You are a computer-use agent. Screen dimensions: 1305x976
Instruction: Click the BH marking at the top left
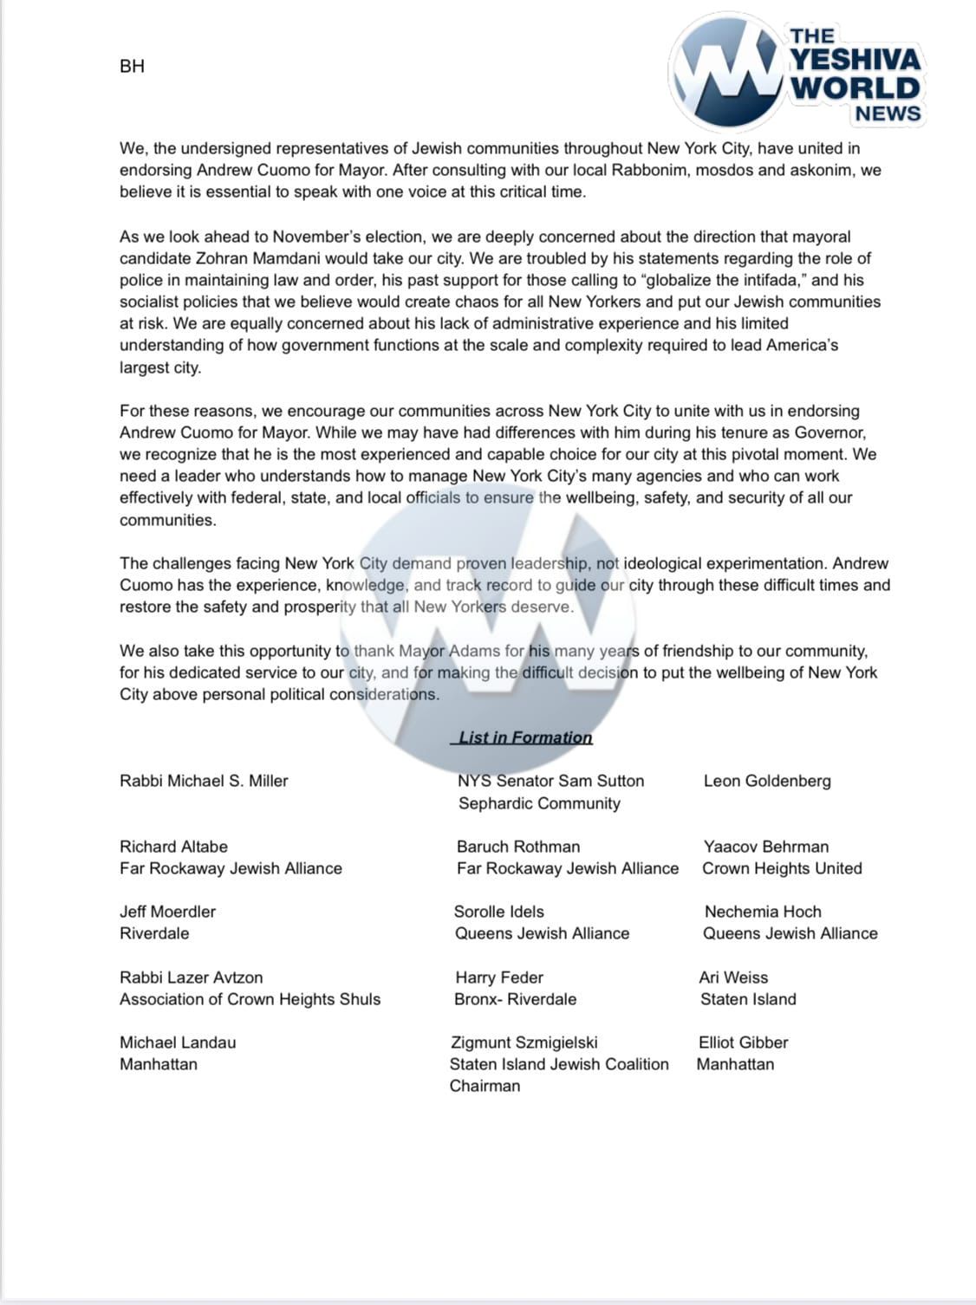click(132, 66)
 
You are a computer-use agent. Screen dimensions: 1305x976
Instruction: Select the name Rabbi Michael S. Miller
click(204, 781)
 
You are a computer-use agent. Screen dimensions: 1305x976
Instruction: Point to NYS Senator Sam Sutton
click(550, 781)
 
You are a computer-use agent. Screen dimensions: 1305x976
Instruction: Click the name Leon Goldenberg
click(767, 781)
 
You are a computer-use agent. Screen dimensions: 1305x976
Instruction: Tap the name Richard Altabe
click(173, 847)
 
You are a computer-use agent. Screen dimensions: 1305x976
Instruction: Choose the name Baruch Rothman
click(518, 847)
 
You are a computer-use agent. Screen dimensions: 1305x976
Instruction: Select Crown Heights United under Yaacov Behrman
click(782, 868)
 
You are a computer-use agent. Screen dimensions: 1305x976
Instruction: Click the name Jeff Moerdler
click(167, 912)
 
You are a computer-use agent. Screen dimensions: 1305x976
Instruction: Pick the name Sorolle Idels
click(499, 912)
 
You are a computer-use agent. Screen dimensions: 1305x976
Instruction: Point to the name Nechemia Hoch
click(763, 912)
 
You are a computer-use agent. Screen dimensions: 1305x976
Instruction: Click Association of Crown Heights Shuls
click(250, 999)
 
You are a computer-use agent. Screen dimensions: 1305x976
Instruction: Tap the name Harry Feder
click(499, 977)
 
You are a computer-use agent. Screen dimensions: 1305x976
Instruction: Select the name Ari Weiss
click(733, 977)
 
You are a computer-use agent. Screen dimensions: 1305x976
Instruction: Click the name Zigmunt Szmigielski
click(524, 1042)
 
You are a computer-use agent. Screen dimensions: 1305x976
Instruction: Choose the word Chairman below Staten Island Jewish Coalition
click(485, 1086)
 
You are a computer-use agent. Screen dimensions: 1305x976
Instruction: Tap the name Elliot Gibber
click(743, 1042)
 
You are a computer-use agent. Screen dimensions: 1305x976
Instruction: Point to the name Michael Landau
click(178, 1042)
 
